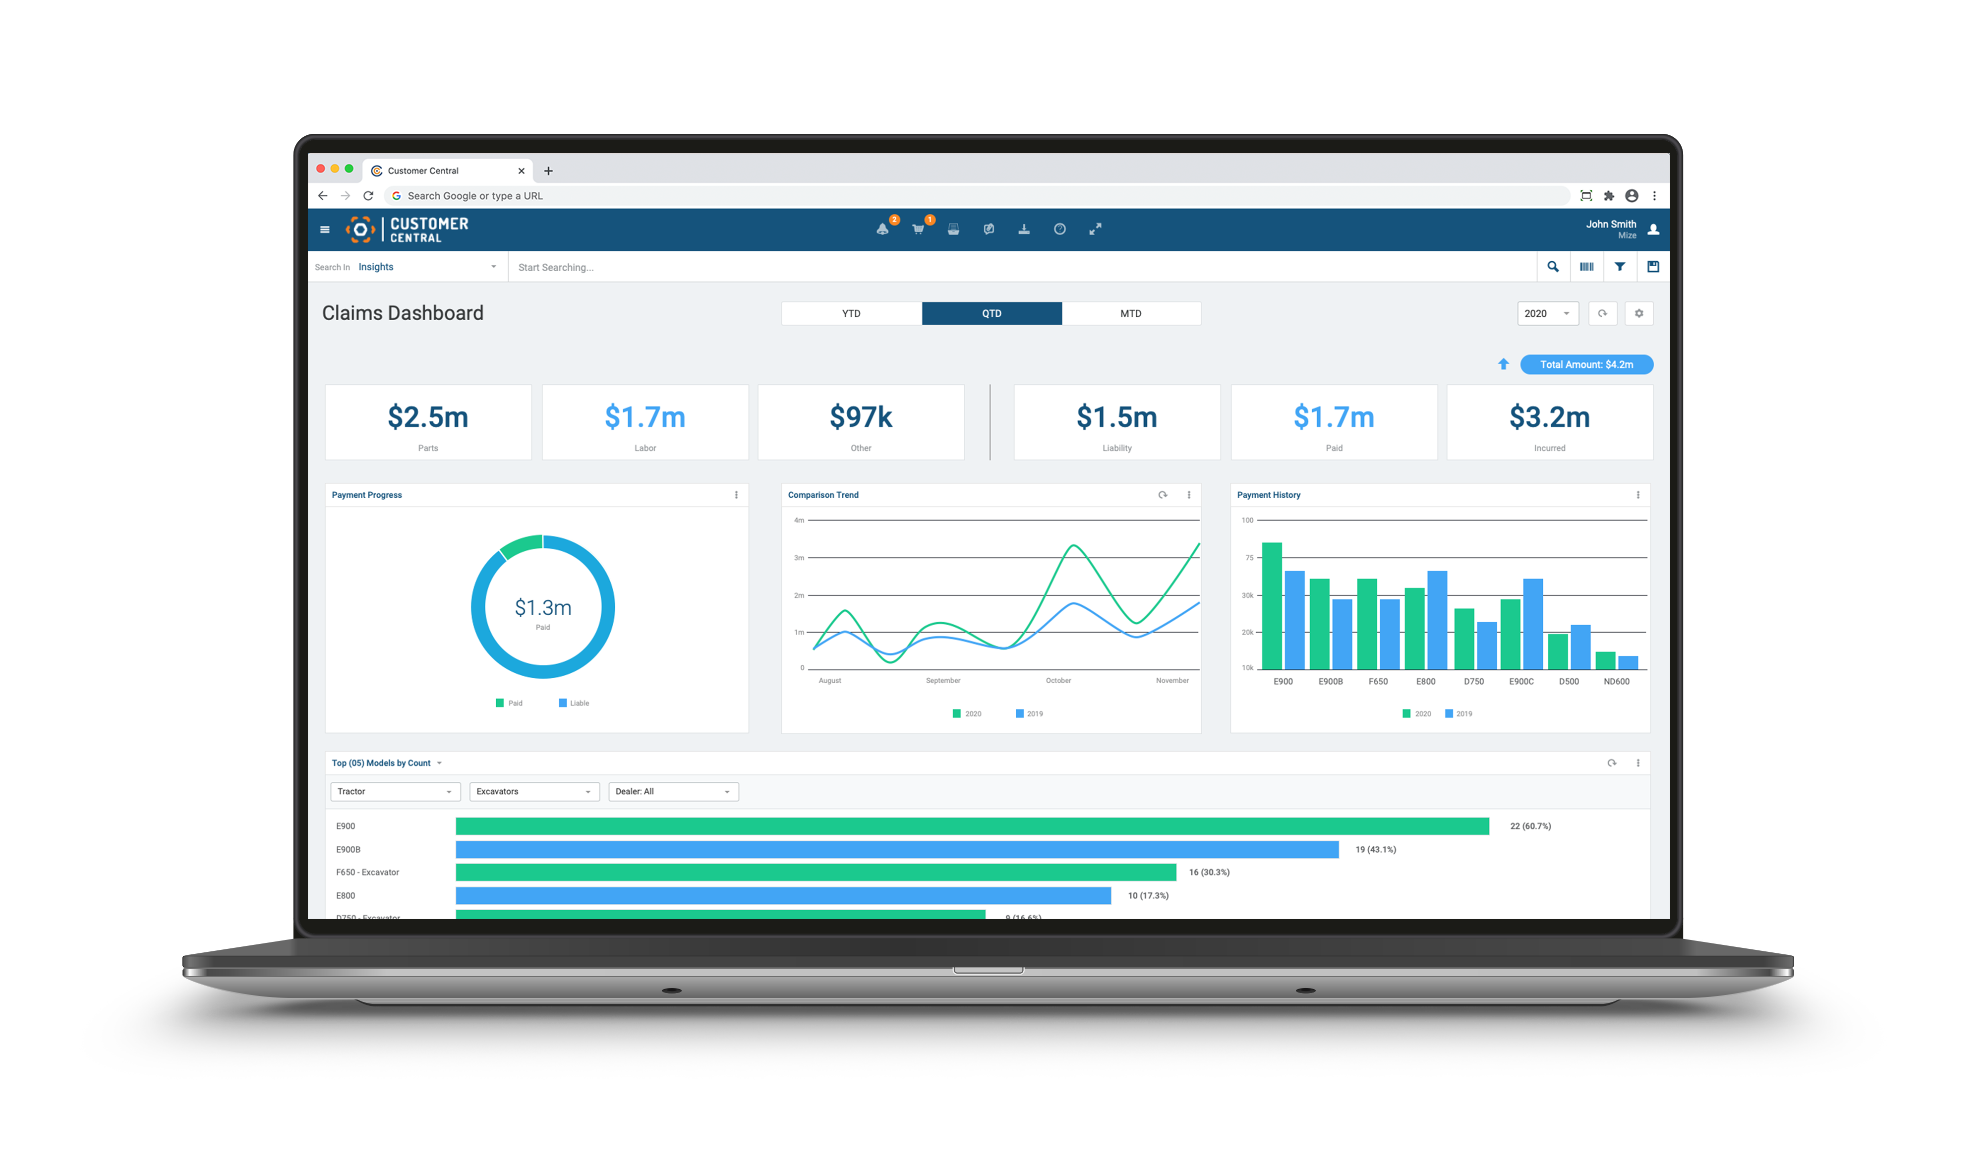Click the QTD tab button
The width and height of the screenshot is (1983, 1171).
(991, 313)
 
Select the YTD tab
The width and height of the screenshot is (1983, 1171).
(851, 313)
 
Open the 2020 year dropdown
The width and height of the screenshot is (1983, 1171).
(1547, 313)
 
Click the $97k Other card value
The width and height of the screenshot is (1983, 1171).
(860, 416)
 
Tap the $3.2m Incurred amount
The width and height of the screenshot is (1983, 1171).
(1549, 416)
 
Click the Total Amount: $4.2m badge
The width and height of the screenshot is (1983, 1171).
(1586, 364)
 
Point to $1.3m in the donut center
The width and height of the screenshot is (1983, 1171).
(543, 608)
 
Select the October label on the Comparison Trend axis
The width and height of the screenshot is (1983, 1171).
(1058, 680)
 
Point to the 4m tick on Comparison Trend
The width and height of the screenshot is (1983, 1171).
(799, 520)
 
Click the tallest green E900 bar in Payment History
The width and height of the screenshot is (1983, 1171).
(1271, 605)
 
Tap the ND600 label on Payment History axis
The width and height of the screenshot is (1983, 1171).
(1616, 682)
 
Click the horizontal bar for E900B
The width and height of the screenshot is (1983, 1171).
(896, 849)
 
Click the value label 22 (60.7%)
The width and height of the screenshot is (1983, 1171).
(1530, 826)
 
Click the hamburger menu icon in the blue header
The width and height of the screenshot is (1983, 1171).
(324, 230)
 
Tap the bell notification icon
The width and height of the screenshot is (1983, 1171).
(882, 230)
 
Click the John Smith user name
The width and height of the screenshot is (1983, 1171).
(1611, 224)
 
